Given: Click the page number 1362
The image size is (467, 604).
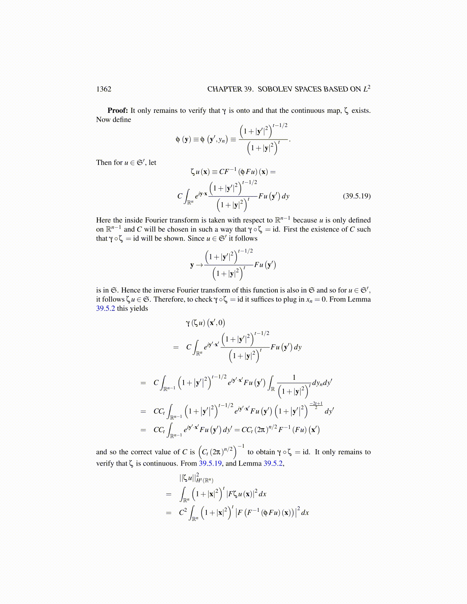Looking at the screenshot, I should click(x=103, y=89).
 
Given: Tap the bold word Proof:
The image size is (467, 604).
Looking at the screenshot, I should click(x=118, y=111).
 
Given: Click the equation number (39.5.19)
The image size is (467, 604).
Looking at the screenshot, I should click(x=356, y=196).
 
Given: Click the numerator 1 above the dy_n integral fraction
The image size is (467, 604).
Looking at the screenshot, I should click(x=294, y=377).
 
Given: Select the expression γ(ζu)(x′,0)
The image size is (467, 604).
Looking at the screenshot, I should click(x=205, y=323).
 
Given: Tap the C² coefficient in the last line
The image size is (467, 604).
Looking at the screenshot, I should click(x=183, y=512).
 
